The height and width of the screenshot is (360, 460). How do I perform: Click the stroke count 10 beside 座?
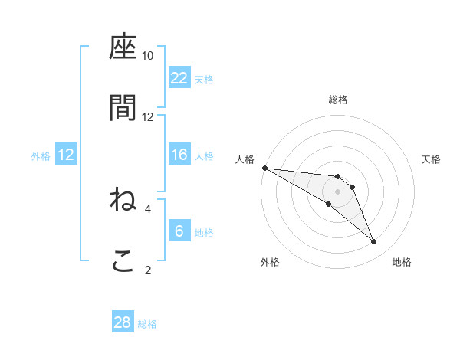point(148,56)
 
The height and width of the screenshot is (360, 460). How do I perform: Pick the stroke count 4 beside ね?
point(148,208)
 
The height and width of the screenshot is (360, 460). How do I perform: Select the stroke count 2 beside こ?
point(148,269)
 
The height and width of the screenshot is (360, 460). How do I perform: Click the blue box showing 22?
point(179,78)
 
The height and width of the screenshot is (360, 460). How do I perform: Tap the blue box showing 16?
point(179,155)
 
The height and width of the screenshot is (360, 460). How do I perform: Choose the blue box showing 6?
point(179,231)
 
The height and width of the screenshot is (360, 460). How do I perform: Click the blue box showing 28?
point(123,322)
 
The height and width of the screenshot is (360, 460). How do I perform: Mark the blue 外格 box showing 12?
point(66,155)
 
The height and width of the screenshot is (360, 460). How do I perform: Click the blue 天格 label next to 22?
point(204,79)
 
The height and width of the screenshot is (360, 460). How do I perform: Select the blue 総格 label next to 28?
point(147,323)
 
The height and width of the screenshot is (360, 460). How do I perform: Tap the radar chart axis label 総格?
point(338,100)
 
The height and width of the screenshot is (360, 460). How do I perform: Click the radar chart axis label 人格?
point(246,159)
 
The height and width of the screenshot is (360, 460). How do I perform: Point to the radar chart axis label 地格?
point(402,262)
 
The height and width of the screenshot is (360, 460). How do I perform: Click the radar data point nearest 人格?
point(264,168)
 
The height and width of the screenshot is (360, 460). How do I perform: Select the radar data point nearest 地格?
point(374,242)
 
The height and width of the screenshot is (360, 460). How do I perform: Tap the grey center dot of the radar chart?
point(337,191)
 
